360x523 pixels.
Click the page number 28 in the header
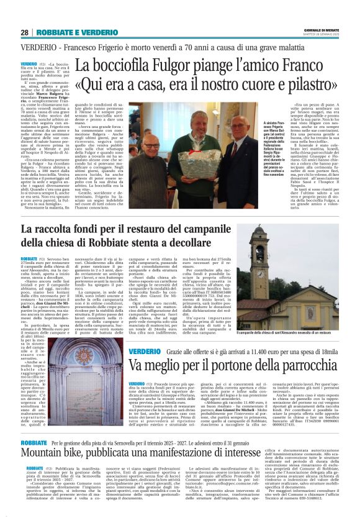click(x=24, y=32)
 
